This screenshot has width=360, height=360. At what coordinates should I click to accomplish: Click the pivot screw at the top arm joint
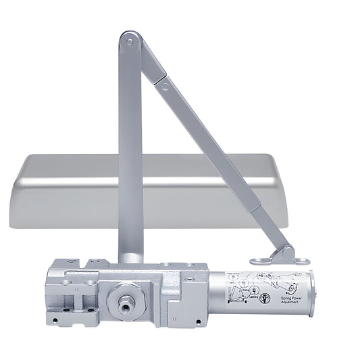tap(129, 42)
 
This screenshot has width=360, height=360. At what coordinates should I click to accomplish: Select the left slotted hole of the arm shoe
tap(257, 260)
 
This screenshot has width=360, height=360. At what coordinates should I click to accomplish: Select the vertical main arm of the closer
tap(130, 149)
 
